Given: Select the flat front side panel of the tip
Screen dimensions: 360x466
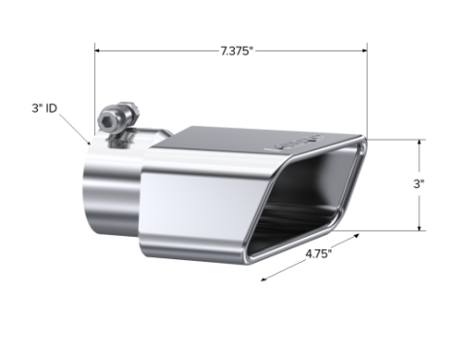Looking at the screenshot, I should pos(204,213).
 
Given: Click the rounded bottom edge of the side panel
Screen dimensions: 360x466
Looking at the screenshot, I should pos(194,254).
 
